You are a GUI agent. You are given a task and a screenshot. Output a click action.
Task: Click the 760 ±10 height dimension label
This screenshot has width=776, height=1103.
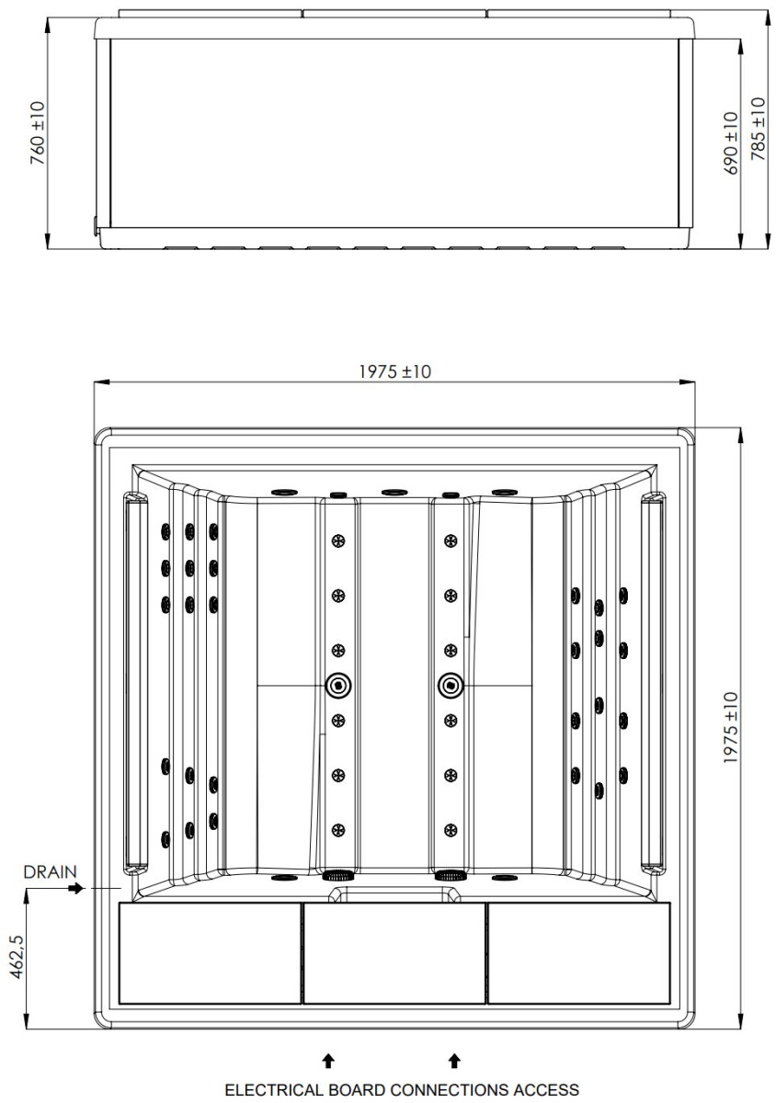tap(38, 132)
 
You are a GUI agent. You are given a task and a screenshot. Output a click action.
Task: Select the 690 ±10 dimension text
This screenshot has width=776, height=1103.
tap(731, 142)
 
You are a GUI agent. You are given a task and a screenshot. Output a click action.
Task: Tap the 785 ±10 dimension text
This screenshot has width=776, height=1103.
tap(759, 129)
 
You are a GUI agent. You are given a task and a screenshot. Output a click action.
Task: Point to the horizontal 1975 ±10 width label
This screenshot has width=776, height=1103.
tap(394, 371)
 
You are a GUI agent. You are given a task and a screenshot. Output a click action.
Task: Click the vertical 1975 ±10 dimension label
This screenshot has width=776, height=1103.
tap(731, 728)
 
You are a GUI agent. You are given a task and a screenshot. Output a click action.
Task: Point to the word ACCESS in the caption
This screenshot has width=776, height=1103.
tap(546, 1089)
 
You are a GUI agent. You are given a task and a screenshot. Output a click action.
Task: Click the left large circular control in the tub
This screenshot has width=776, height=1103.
tap(338, 685)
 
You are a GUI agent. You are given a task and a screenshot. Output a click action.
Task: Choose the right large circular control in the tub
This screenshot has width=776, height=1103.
tap(451, 685)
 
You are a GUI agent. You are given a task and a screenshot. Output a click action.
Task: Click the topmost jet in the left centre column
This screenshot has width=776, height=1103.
tap(338, 540)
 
